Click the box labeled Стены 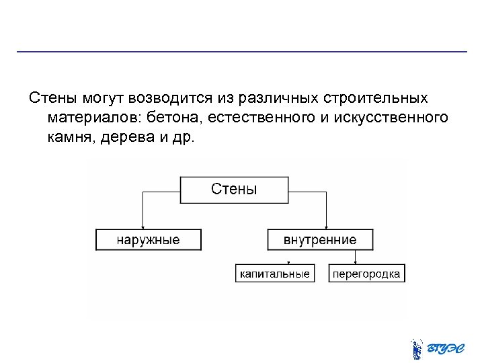pyautogui.click(x=234, y=190)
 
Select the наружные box pyautogui.click(x=148, y=239)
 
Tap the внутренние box pyautogui.click(x=320, y=239)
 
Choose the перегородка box pyautogui.click(x=367, y=274)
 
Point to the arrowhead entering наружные pyautogui.click(x=142, y=227)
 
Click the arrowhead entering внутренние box pyautogui.click(x=325, y=227)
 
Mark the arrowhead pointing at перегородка pyautogui.click(x=354, y=262)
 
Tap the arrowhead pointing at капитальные pyautogui.click(x=288, y=262)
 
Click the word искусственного pyautogui.click(x=391, y=118)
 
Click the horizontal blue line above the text pyautogui.click(x=242, y=52)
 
